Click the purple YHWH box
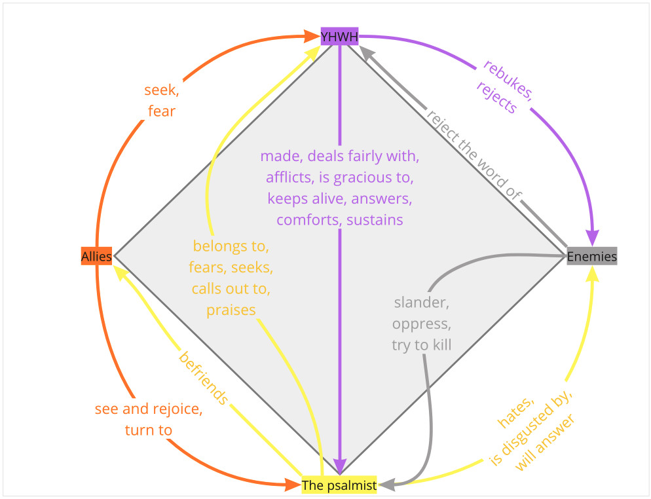point(340,37)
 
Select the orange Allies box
point(96,256)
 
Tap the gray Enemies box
point(591,256)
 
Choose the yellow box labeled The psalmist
point(339,485)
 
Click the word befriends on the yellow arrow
point(204,379)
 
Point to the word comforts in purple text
point(308,219)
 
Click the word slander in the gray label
point(421,303)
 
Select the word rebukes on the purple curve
point(508,80)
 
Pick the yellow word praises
point(231,310)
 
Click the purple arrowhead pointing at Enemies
point(593,238)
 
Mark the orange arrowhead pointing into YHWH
point(311,37)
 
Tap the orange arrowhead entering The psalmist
point(293,485)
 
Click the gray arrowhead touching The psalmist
point(386,484)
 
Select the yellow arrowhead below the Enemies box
point(592,273)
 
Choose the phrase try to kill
point(421,345)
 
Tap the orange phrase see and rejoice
point(149,409)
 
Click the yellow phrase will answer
point(545,443)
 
